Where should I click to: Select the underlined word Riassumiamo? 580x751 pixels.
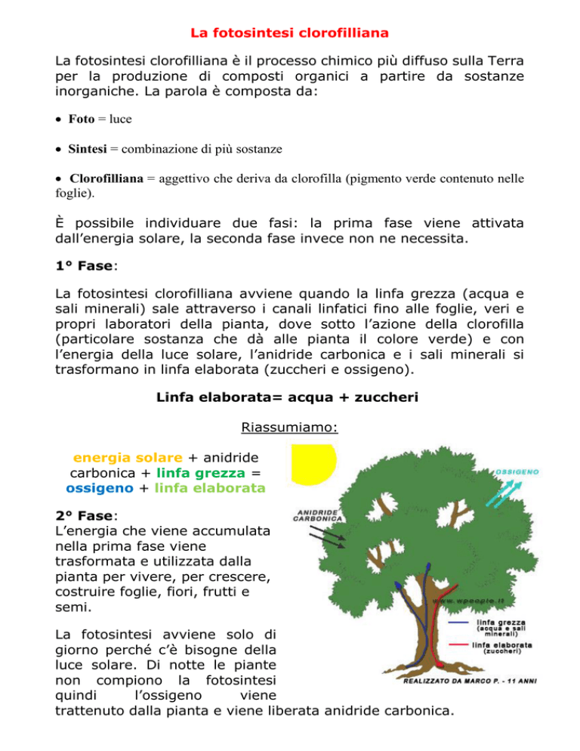(x=289, y=429)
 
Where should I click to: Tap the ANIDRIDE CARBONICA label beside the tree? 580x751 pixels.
(x=319, y=515)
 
